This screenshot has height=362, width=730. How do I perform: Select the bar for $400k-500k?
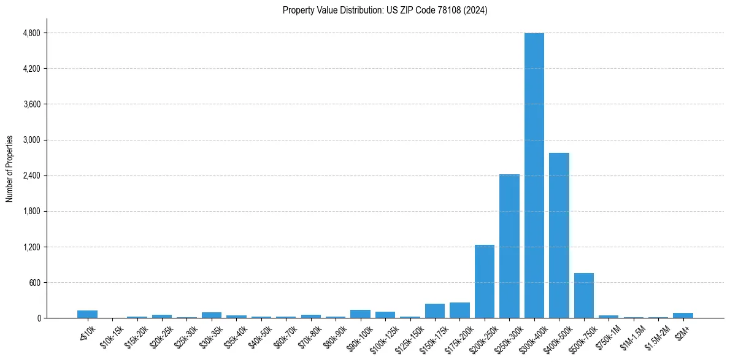tap(559, 236)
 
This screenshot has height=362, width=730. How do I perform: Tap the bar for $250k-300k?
tap(509, 246)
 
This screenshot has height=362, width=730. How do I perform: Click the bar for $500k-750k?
tap(583, 296)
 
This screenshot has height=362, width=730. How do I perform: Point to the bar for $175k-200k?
tap(459, 310)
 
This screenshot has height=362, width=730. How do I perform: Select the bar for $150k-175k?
tap(434, 311)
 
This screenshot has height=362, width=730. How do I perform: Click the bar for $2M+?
tap(683, 315)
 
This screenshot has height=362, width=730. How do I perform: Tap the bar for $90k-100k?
tap(360, 314)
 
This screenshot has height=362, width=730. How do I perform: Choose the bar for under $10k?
tap(87, 314)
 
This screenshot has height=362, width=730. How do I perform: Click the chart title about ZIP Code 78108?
tap(385, 10)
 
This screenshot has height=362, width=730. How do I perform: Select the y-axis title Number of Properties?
tap(10, 168)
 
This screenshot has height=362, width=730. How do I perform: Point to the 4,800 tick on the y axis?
tap(31, 33)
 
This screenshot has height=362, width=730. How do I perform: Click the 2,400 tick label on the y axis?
tap(31, 175)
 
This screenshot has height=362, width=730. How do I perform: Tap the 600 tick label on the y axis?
tap(34, 283)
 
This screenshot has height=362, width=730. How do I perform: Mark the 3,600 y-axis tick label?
tap(31, 104)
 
